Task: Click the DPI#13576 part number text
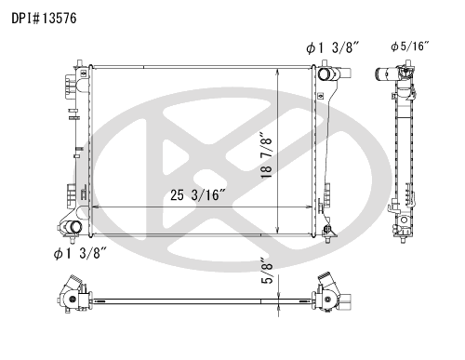[x=44, y=19]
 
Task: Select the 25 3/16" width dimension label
[x=198, y=195]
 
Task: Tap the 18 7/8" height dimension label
[x=266, y=155]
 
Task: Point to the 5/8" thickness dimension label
[x=266, y=271]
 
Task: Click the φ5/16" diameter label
[x=410, y=47]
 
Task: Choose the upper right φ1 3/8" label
[x=332, y=48]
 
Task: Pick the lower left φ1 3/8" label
[x=80, y=254]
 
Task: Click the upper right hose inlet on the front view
[x=325, y=74]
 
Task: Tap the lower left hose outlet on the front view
[x=74, y=227]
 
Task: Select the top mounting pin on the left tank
[x=80, y=62]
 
